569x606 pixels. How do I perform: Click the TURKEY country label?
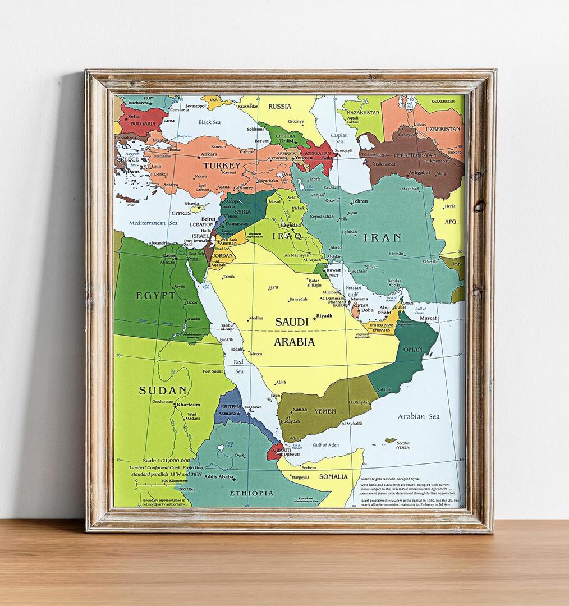click(x=222, y=166)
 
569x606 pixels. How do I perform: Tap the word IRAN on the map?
click(x=382, y=237)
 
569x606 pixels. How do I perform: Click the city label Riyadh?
click(x=324, y=316)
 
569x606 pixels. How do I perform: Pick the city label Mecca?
click(x=255, y=354)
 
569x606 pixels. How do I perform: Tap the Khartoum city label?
click(x=188, y=405)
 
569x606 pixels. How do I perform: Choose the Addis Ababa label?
click(x=218, y=477)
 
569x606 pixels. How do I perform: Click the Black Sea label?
click(x=209, y=122)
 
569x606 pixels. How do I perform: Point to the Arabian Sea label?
click(x=419, y=416)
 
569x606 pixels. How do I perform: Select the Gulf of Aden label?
click(x=325, y=445)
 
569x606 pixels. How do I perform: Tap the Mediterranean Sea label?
click(x=147, y=223)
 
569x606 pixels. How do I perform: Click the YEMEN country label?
click(x=325, y=411)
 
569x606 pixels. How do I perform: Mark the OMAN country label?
click(x=413, y=350)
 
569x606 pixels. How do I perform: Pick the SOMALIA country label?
click(x=334, y=476)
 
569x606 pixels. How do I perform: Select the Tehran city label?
click(x=360, y=201)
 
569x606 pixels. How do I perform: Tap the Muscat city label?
click(x=428, y=318)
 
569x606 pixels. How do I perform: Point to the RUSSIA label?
click(x=279, y=106)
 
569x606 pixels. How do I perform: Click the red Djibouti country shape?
click(x=274, y=451)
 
